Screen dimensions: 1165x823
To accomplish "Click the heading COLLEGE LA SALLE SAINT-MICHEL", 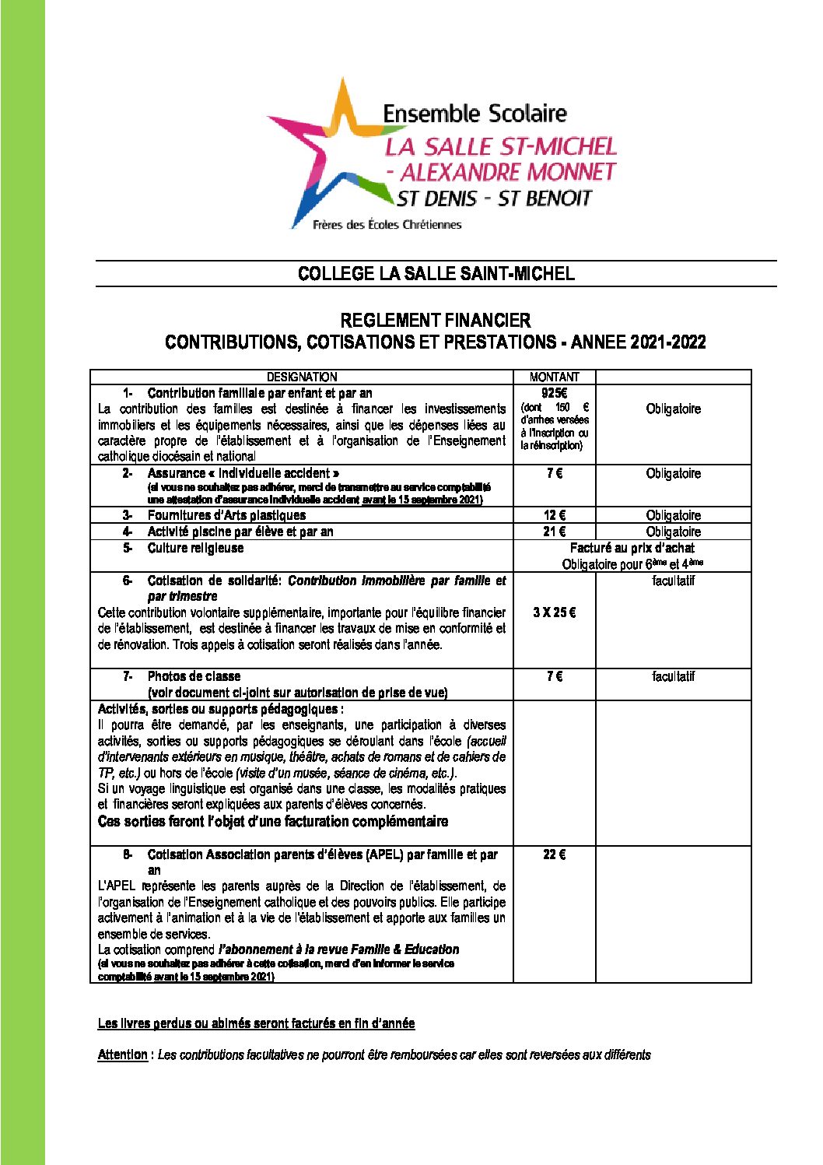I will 436,273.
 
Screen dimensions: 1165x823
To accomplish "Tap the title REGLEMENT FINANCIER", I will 436,320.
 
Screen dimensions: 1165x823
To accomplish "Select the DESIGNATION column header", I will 302,377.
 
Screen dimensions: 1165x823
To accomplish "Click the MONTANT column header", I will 554,377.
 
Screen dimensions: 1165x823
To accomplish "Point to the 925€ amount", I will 554,393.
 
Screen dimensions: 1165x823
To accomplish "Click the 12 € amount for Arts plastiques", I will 554,515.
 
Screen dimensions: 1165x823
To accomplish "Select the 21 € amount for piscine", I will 554,532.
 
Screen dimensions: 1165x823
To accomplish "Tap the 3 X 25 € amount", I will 554,612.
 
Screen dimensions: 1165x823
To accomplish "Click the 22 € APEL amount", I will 554,854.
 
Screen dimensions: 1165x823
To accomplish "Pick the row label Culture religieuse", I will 195,548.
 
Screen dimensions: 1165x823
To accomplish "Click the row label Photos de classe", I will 194,676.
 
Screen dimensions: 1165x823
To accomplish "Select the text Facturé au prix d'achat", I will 632,548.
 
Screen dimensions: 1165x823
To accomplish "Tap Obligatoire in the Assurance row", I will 673,473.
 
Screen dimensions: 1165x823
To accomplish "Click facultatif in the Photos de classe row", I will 673,676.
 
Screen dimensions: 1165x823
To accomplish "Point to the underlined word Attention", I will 122,1054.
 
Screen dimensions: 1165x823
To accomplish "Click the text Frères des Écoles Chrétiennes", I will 387,225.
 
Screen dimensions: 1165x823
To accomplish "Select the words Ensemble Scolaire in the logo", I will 475,114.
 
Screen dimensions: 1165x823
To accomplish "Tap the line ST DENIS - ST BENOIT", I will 494,198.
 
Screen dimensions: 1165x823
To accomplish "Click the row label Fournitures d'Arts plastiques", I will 226,515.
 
